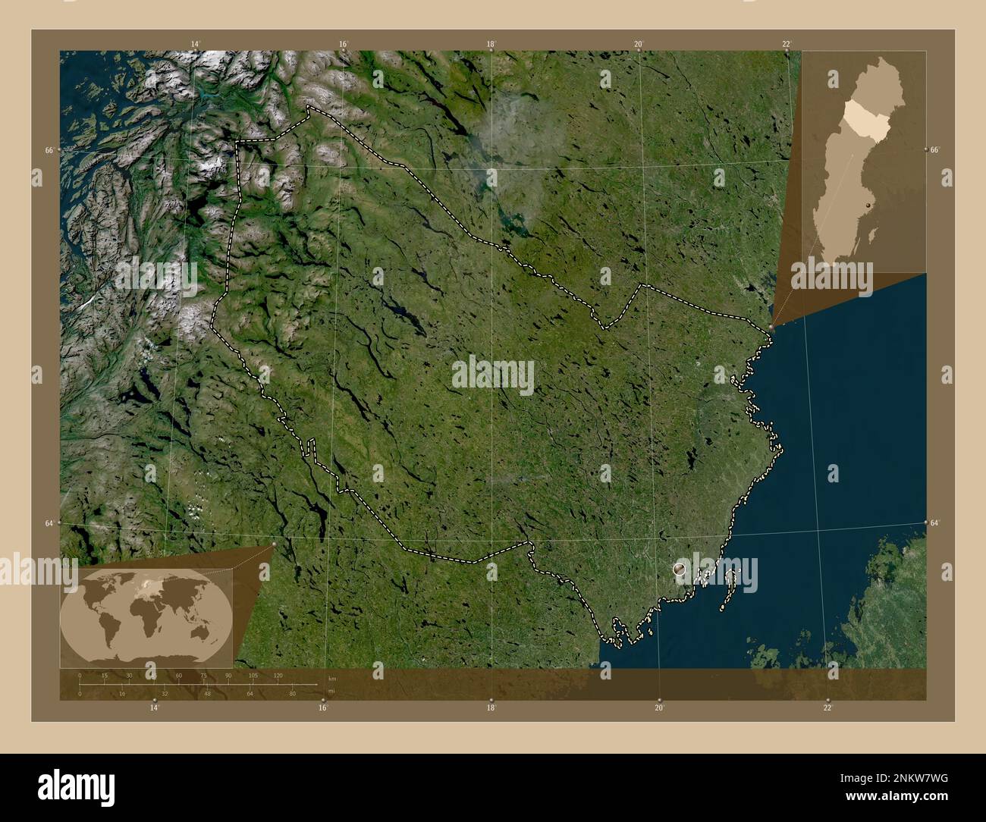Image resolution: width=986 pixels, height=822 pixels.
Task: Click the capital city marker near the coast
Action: click(679, 568)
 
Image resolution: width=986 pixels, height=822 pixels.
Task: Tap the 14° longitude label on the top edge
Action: click(196, 45)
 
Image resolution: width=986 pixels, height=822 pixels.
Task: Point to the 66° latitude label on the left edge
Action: click(49, 150)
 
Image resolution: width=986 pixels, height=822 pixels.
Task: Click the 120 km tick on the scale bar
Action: click(278, 675)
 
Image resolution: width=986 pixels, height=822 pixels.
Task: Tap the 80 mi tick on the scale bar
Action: click(292, 693)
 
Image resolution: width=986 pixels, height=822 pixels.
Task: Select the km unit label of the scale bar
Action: click(331, 678)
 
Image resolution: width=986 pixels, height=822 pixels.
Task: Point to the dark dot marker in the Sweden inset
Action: click(867, 206)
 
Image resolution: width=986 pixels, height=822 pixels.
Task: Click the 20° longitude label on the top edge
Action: click(639, 45)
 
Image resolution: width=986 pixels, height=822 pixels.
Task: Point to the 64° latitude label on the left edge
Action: click(49, 523)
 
